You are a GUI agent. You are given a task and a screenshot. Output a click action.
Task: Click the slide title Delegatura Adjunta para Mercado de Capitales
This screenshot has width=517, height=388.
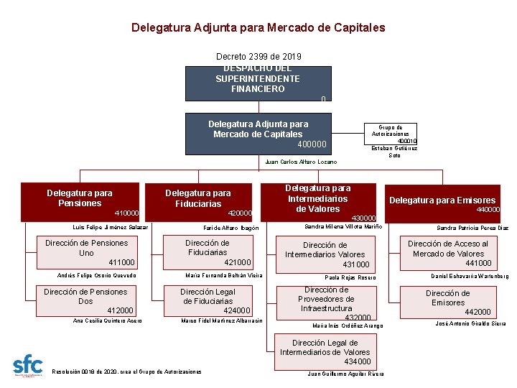tap(258, 28)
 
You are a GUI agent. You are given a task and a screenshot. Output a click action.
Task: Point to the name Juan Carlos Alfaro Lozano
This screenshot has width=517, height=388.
tap(301, 162)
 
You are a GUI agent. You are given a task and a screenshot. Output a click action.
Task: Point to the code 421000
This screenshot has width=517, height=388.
tap(238, 262)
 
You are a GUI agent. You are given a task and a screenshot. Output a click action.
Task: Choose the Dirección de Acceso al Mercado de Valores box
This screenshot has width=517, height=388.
tap(449, 253)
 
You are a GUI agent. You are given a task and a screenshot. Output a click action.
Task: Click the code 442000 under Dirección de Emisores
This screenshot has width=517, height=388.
tap(478, 312)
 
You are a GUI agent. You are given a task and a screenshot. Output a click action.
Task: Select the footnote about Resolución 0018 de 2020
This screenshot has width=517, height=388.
tap(127, 371)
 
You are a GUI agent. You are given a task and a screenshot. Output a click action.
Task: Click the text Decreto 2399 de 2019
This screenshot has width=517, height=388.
tap(258, 56)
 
